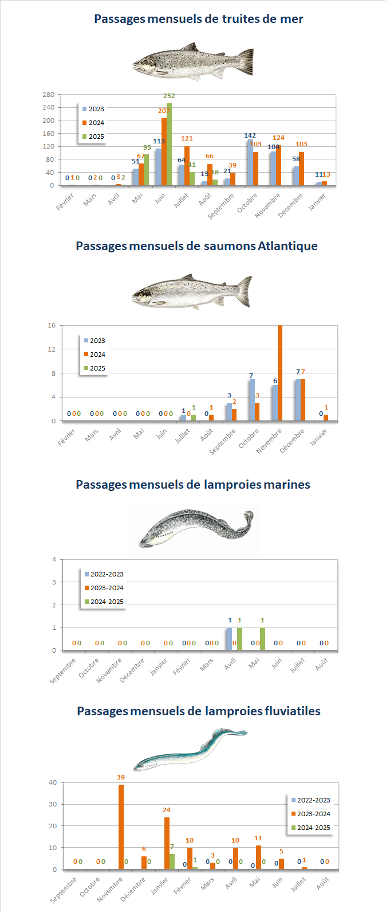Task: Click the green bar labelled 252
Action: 170,145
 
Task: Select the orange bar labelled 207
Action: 164,152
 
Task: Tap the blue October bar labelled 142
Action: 250,162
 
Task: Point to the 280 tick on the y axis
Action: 49,95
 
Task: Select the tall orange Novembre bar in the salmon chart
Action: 280,373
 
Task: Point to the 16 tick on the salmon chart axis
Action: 52,326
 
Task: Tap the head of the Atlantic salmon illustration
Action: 143,296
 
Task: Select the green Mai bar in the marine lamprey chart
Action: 262,639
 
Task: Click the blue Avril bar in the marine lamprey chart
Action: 229,639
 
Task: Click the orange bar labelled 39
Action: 121,827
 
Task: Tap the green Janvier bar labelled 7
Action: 172,862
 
